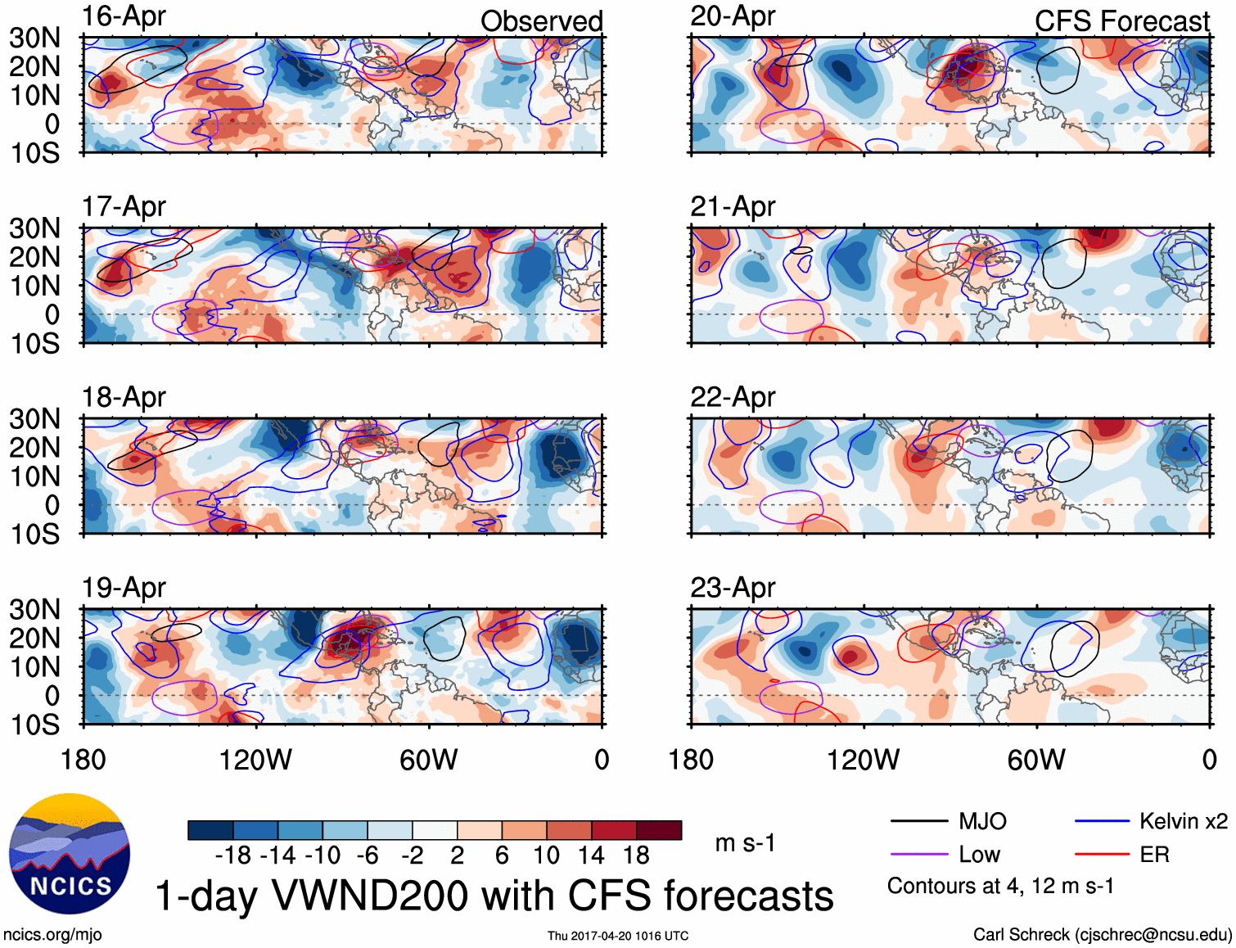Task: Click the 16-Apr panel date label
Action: tap(124, 16)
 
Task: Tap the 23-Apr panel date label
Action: tap(733, 588)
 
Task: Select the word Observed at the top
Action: tap(541, 21)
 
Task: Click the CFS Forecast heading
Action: tap(1121, 21)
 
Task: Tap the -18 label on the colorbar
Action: tap(232, 855)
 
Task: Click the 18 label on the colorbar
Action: tap(635, 855)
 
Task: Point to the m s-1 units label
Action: tap(745, 842)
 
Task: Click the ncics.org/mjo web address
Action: tap(52, 934)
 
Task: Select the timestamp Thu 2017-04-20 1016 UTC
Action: tap(618, 936)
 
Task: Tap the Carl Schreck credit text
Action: tap(1102, 934)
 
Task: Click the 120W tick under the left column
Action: tap(255, 760)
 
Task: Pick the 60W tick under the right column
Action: tap(1036, 760)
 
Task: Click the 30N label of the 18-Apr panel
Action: tap(35, 419)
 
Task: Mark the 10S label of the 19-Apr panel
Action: tap(35, 725)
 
